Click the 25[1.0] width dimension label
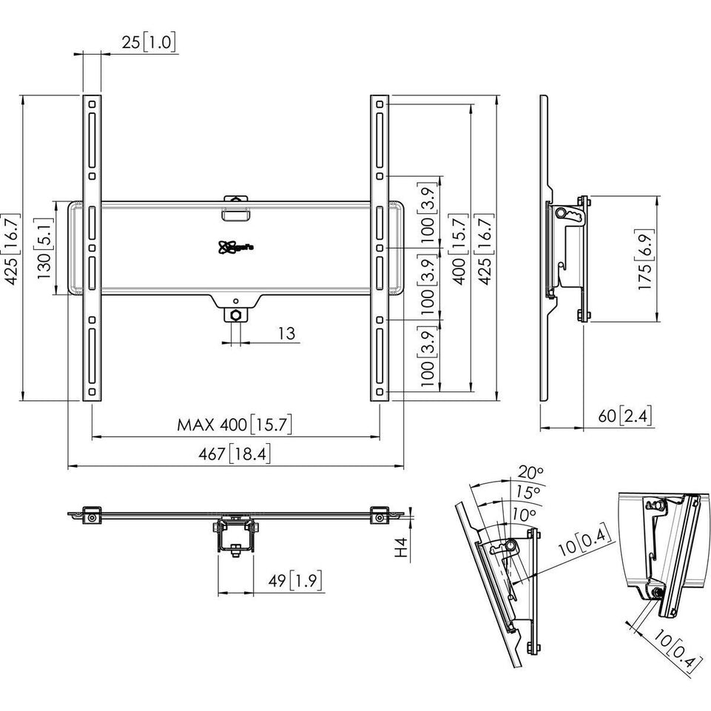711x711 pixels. [x=149, y=43]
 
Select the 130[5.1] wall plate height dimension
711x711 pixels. [x=45, y=247]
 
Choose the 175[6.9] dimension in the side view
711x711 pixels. [x=644, y=259]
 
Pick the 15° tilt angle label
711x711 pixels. [x=527, y=491]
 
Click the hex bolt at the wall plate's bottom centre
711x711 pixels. [x=235, y=315]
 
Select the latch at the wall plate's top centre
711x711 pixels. [x=235, y=207]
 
